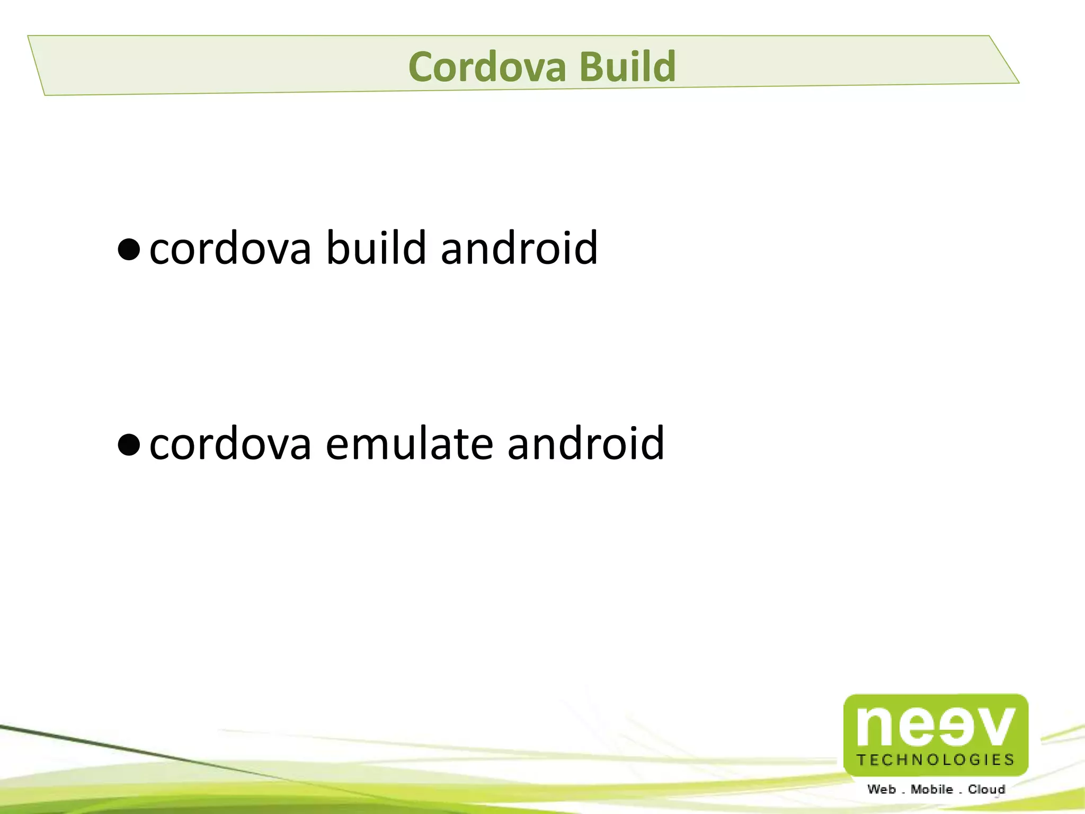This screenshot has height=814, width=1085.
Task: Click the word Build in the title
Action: [627, 67]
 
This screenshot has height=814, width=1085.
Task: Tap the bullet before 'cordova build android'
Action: [129, 249]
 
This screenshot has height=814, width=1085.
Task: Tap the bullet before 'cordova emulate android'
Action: [129, 445]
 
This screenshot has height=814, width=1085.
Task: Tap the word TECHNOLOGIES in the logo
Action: [936, 760]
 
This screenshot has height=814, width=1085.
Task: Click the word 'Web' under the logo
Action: [882, 790]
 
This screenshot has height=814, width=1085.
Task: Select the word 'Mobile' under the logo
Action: [931, 790]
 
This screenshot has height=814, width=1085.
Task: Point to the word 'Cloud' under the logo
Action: [986, 790]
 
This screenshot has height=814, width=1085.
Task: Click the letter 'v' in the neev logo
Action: [995, 727]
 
